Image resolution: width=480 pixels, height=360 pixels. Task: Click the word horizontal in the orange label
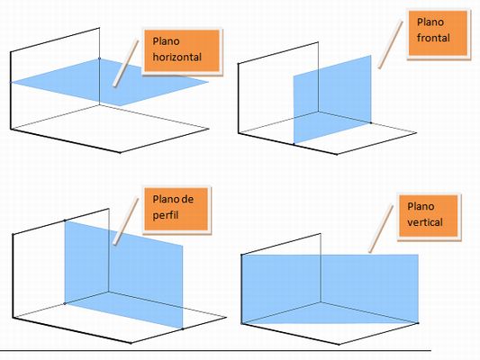[x=177, y=58]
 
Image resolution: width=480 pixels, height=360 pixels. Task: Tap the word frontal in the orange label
[x=433, y=38]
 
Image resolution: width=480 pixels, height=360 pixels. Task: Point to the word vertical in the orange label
[x=425, y=222]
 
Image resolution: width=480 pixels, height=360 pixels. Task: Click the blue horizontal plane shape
[x=110, y=82]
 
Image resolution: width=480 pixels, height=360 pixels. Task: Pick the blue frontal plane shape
[x=332, y=99]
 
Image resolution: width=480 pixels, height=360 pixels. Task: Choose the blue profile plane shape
[x=123, y=274]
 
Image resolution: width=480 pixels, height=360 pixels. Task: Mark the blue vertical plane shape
[x=330, y=289]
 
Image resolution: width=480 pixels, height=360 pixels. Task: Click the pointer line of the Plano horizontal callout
[x=125, y=63]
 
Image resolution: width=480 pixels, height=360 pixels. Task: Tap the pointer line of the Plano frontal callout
[x=390, y=45]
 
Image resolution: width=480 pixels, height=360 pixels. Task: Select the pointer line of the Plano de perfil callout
[x=126, y=220]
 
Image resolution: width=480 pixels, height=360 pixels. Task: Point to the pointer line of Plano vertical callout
[x=381, y=229]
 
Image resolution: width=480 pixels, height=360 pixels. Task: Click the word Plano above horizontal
[x=166, y=41]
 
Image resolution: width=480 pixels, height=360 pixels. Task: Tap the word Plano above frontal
[x=430, y=22]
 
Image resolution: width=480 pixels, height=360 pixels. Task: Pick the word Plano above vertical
[x=421, y=206]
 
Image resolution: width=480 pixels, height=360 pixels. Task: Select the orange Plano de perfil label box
[x=176, y=209]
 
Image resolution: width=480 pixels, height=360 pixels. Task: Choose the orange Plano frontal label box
[x=438, y=33]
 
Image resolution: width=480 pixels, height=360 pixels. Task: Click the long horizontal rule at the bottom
[x=215, y=350]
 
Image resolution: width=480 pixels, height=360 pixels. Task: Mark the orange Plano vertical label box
[x=429, y=216]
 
